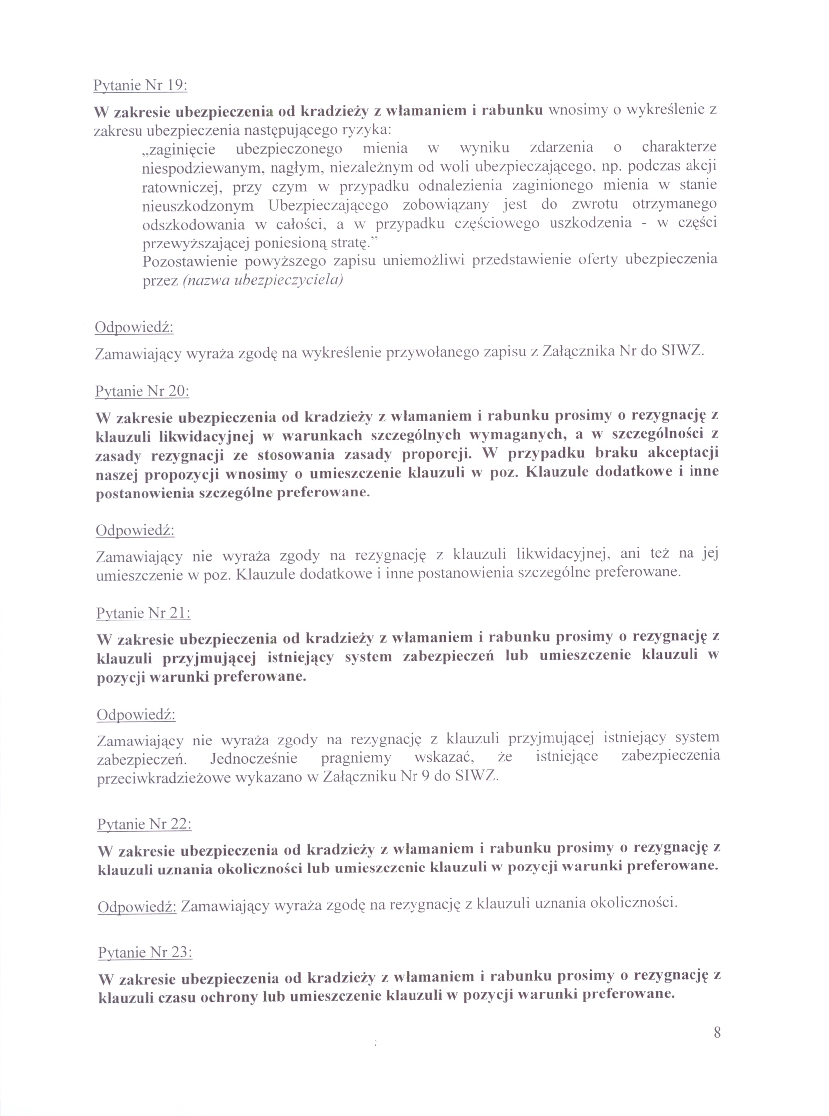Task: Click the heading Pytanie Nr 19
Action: [140, 85]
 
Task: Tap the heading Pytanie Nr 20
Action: [142, 391]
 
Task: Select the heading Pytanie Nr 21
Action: [143, 613]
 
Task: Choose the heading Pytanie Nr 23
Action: [145, 952]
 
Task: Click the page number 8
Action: [717, 1033]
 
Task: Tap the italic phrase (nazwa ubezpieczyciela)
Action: [263, 280]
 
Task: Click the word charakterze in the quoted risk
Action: [679, 147]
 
